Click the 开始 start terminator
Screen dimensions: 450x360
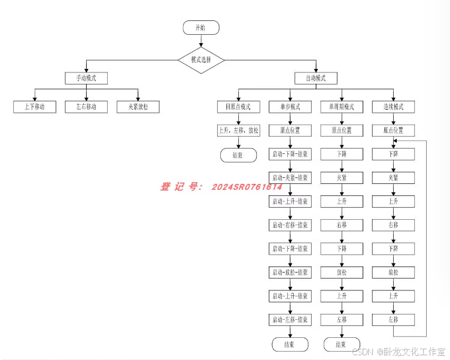tap(201, 28)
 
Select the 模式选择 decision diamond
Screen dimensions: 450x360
tap(201, 60)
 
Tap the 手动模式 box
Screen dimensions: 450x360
tap(86, 78)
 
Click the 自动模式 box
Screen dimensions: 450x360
tap(315, 78)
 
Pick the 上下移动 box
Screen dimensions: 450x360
tap(35, 107)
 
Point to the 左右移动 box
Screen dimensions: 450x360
tap(87, 107)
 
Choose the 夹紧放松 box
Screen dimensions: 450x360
tap(138, 107)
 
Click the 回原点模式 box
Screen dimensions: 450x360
tap(238, 107)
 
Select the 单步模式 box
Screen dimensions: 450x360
tap(290, 107)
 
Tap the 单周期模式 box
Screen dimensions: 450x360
tap(342, 107)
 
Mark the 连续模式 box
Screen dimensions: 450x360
tap(393, 107)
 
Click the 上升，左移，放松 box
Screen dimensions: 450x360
tap(238, 130)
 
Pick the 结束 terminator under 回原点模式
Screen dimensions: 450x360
tap(238, 155)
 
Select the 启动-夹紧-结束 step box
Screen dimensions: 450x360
tap(290, 178)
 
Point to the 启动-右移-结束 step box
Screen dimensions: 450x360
tap(290, 225)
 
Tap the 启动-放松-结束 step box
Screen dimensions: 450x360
tap(290, 273)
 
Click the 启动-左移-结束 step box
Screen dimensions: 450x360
tap(290, 320)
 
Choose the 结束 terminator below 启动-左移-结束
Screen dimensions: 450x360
tap(290, 344)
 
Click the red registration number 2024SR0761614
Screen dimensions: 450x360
tap(248, 187)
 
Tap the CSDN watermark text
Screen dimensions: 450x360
tap(362, 352)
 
